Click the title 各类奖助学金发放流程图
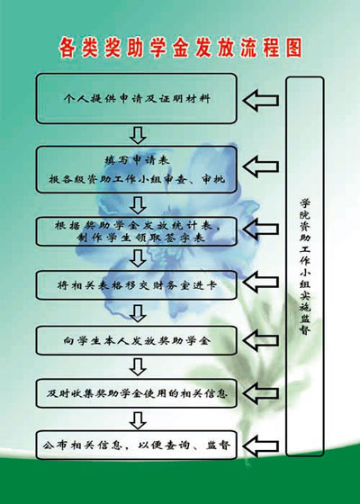(180, 47)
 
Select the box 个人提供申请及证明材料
(136, 99)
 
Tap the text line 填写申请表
(137, 160)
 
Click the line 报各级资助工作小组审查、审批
(137, 179)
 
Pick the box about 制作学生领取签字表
(136, 232)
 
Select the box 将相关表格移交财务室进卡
(136, 285)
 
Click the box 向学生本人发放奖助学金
(136, 340)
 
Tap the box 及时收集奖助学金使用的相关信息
(136, 393)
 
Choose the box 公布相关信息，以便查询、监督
(136, 445)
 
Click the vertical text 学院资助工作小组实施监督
(305, 266)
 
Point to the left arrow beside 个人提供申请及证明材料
(261, 101)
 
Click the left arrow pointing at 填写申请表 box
(261, 166)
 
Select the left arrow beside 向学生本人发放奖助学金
(261, 340)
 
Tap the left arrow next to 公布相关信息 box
(261, 446)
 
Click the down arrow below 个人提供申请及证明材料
(138, 135)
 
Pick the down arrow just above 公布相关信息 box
(138, 420)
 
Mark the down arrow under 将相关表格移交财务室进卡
(138, 313)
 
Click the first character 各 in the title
(67, 48)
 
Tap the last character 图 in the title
(294, 47)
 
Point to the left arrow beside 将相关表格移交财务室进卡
(261, 282)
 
